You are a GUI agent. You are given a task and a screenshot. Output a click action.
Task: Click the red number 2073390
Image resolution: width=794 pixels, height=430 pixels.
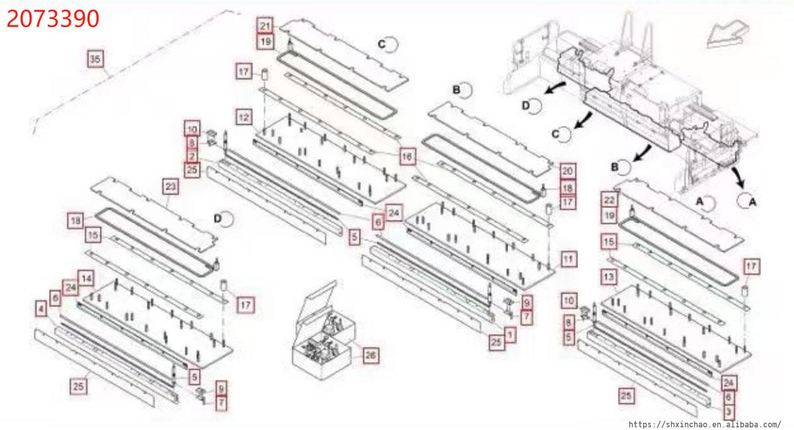point(53,19)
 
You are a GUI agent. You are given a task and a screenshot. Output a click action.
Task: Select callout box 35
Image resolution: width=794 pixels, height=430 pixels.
point(95,59)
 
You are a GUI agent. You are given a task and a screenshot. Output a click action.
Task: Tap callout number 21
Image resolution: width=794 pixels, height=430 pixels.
point(265,26)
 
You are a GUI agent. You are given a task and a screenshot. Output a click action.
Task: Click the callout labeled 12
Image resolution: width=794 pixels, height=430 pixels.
point(244,117)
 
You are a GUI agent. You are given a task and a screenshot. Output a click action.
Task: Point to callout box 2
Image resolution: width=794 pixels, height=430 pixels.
point(192,156)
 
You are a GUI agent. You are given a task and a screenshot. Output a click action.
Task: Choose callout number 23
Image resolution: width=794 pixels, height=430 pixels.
point(171,187)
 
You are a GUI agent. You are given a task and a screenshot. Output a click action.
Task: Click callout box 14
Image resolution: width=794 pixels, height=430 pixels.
point(86,279)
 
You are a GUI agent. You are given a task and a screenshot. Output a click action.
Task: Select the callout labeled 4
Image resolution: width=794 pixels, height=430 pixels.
point(41,310)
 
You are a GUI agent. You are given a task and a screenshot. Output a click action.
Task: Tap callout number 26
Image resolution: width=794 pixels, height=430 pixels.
point(371,355)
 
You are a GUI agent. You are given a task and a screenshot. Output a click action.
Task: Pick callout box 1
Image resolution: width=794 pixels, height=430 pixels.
point(510,334)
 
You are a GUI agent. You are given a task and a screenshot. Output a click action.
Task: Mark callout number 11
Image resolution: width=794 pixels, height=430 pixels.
point(568,259)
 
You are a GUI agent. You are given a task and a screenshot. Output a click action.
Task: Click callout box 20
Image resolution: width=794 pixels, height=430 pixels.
point(568,171)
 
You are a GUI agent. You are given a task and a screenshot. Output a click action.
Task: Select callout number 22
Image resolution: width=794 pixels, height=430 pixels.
point(609,200)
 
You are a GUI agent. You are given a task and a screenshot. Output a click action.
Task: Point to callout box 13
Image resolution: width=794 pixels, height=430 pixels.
point(609,277)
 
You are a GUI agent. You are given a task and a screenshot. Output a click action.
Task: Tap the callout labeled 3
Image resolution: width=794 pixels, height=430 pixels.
point(728,412)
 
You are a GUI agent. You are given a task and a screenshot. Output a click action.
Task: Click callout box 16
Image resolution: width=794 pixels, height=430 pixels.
point(408,157)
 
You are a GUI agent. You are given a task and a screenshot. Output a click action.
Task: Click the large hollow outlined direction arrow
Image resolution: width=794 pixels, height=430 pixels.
point(727,34)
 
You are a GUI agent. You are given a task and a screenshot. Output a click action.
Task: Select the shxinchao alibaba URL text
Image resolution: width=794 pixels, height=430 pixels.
point(705,424)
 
